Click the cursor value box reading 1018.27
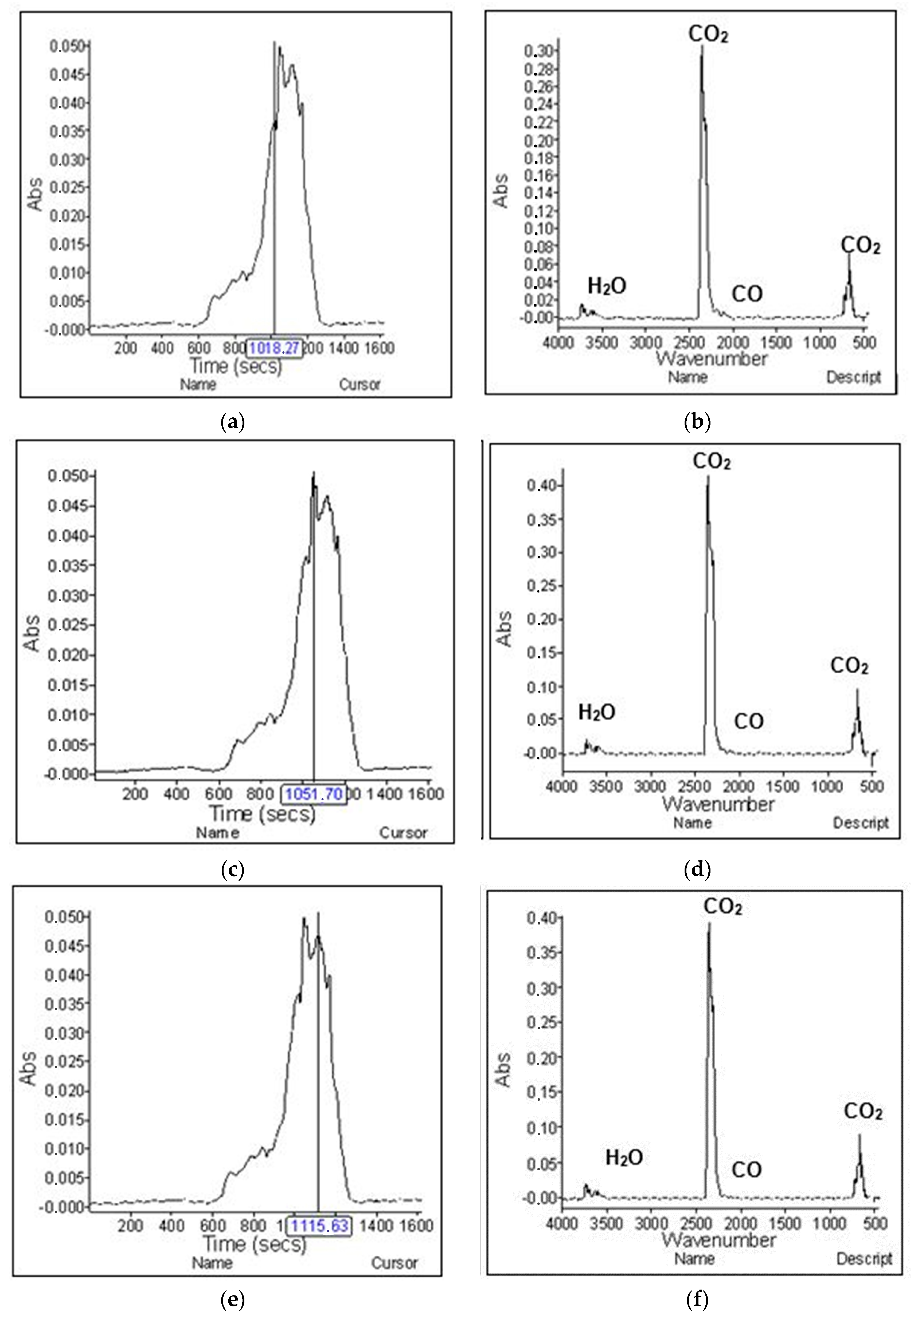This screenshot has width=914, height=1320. pyautogui.click(x=274, y=348)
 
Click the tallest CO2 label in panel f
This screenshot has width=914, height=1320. pyautogui.click(x=723, y=907)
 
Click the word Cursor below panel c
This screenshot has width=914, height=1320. pyautogui.click(x=403, y=833)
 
